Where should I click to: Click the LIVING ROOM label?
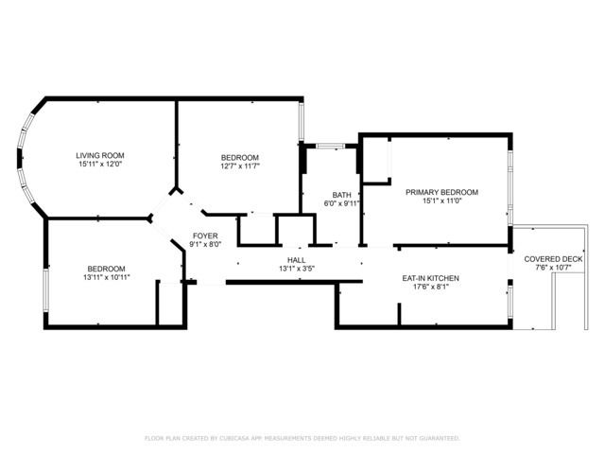pos(100,155)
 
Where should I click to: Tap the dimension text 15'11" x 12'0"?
pos(100,165)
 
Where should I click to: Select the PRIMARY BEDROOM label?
pos(441,192)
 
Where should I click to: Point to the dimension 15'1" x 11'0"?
pos(441,201)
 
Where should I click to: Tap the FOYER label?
pos(205,236)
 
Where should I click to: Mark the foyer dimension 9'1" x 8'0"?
pos(205,245)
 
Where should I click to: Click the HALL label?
pos(297,259)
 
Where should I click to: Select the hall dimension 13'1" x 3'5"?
pos(297,269)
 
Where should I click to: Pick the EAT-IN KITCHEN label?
pos(430,278)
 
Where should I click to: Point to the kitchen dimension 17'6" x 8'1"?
pos(430,288)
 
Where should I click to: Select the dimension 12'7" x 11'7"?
pos(240,166)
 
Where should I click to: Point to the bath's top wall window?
pos(330,146)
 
